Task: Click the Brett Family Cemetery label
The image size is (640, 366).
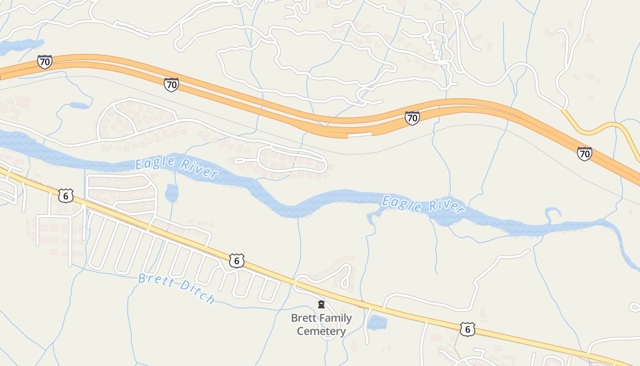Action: point(321,324)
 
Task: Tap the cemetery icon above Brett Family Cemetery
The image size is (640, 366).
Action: point(321,304)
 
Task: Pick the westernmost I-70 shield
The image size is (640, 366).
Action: point(44,62)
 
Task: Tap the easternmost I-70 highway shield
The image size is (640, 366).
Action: point(584,154)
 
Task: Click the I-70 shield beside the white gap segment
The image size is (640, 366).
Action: point(412,118)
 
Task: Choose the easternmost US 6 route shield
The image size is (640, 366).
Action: point(467,329)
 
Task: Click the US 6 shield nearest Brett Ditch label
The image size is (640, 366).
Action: point(236,261)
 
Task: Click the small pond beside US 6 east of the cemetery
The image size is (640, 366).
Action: point(377,323)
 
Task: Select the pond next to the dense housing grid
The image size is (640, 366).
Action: point(171,193)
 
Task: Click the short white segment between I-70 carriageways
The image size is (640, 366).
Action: point(360,135)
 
